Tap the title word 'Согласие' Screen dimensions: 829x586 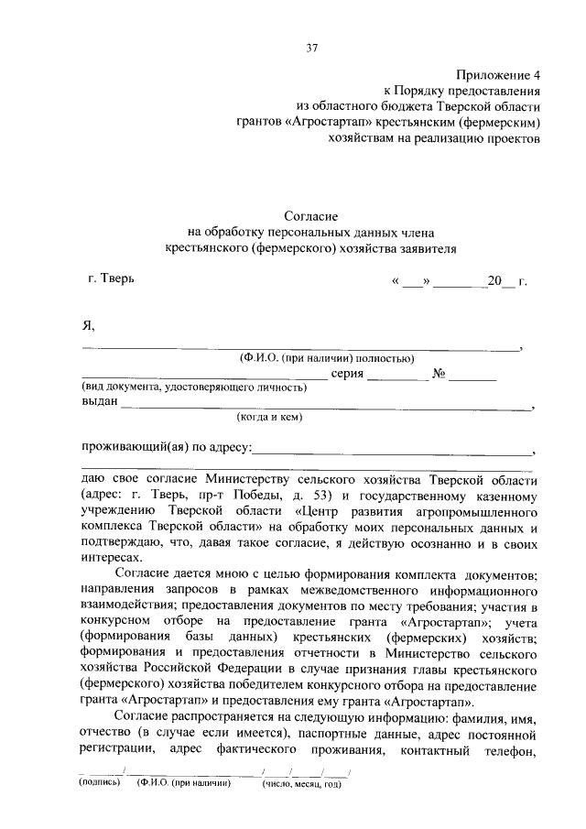coord(310,216)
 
